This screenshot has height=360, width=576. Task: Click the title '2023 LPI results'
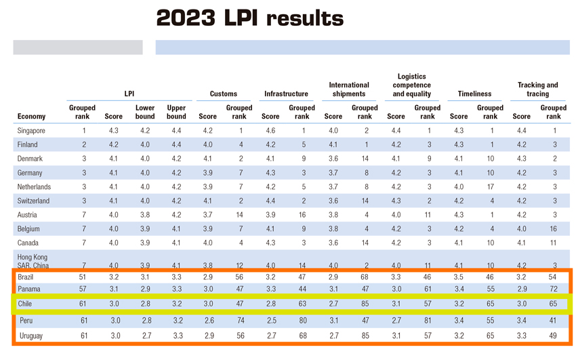point(249,18)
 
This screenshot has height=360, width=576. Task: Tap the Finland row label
point(28,144)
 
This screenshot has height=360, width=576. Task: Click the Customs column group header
point(224,94)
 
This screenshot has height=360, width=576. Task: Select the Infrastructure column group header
point(286,94)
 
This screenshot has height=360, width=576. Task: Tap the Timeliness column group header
point(474,94)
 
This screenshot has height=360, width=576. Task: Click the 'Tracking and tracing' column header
point(537,89)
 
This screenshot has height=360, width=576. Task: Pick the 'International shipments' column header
point(349,89)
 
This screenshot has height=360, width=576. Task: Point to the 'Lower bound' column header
point(145,112)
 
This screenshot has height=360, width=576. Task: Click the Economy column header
point(32,116)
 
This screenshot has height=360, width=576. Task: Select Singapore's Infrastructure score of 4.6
point(270,130)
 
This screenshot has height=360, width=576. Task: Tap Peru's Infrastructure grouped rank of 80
point(302,320)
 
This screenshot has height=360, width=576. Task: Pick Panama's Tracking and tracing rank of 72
point(553,289)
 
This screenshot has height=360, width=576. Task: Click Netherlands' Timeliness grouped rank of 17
point(490,186)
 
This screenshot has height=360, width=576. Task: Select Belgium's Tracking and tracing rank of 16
point(553,228)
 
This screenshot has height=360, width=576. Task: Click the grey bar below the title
point(78,47)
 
